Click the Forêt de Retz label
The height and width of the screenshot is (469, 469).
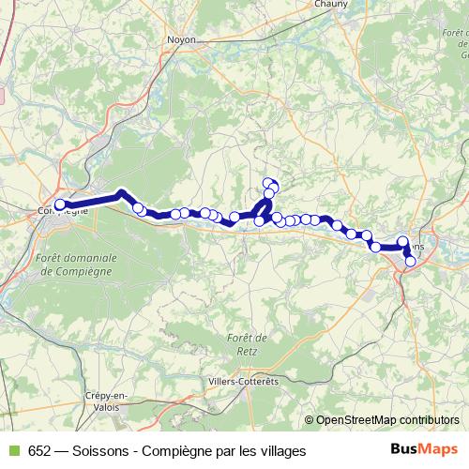[x=248, y=344]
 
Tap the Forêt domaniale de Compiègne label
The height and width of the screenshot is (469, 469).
[x=76, y=264]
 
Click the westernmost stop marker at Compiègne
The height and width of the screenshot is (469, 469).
[x=60, y=204]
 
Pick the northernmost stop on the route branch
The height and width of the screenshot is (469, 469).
[x=268, y=183]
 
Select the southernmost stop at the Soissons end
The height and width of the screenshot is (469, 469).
[x=410, y=261]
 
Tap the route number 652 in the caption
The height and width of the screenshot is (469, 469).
[x=40, y=451]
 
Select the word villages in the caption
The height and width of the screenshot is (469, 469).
[x=282, y=451]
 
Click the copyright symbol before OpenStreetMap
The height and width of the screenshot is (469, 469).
[x=310, y=420]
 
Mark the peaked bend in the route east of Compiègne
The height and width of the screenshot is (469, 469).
[x=121, y=193]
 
